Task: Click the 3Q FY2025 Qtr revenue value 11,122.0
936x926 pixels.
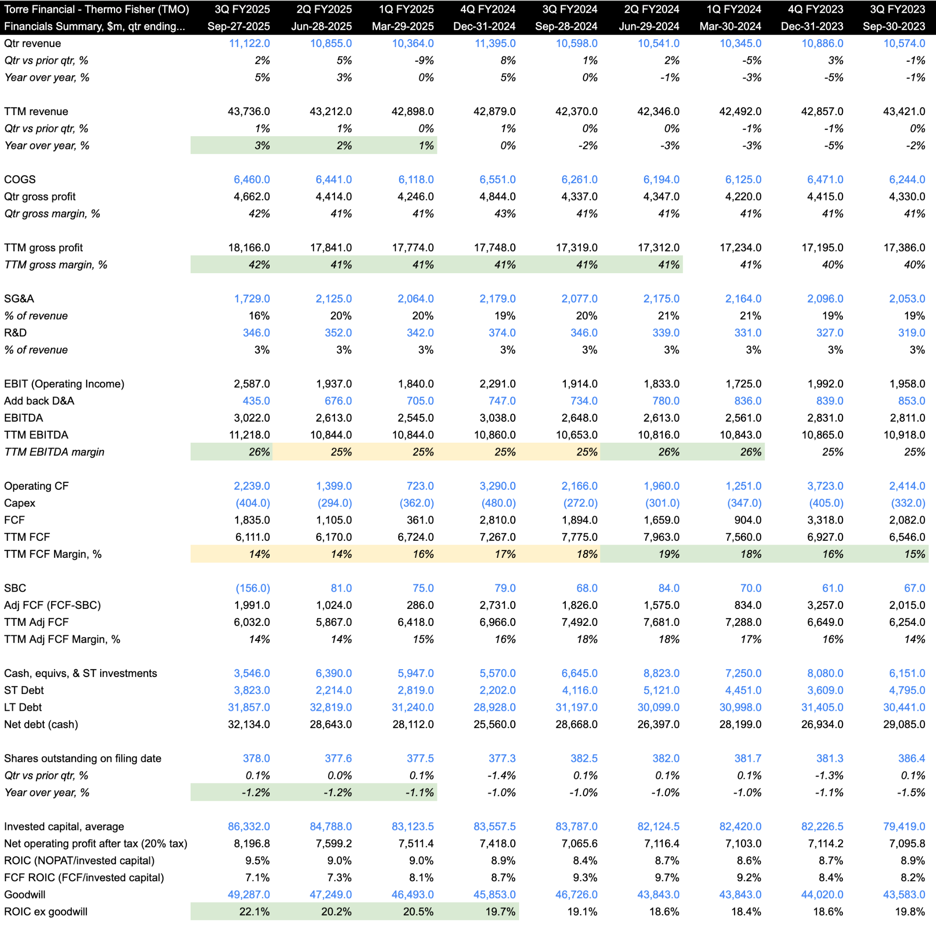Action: coord(249,43)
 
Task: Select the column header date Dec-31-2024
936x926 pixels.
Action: coord(484,26)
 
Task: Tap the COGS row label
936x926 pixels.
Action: coord(20,179)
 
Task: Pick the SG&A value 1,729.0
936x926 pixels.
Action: coord(252,299)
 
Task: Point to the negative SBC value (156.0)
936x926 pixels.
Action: coord(252,588)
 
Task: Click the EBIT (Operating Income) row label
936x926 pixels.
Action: coord(64,384)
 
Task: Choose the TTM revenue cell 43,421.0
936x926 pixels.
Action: coord(904,111)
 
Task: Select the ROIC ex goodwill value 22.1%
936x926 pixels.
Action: coord(255,911)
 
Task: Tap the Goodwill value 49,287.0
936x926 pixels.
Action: coord(249,894)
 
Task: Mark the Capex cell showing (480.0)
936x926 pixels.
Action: coord(498,503)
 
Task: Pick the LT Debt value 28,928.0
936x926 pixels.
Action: coord(494,707)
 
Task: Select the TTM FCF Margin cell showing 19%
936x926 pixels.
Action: coord(669,554)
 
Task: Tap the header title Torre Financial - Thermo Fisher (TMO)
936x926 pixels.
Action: coord(96,9)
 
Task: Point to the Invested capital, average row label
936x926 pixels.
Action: coord(64,826)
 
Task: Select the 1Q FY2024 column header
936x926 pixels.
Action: coord(734,9)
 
